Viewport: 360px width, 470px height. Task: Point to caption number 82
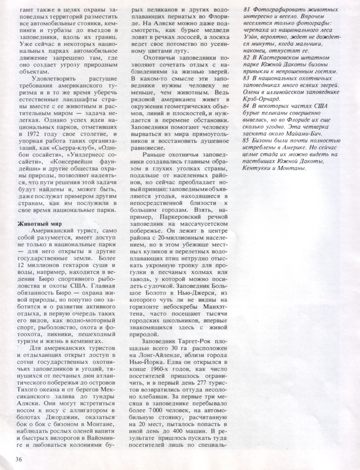coord(247,59)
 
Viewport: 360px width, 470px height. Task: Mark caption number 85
coord(247,140)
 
